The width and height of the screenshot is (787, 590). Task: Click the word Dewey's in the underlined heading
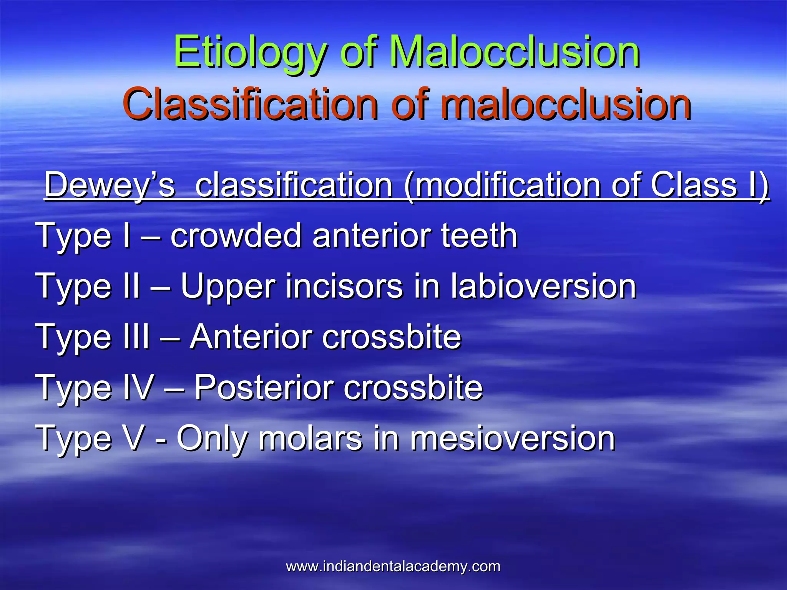click(x=110, y=185)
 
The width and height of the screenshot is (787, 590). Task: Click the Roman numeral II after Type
click(x=131, y=286)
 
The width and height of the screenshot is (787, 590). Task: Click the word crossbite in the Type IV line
click(x=413, y=387)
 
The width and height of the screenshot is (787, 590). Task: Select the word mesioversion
click(x=513, y=438)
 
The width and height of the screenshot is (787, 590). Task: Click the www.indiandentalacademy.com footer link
click(x=393, y=567)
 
